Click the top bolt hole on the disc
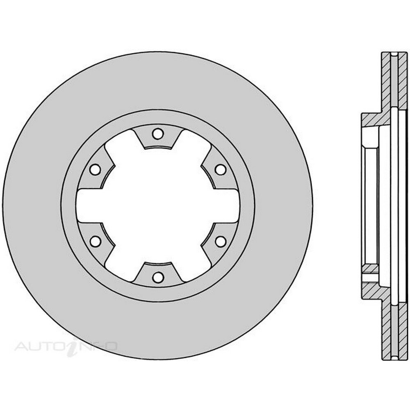point(158,134)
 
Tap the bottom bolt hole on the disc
point(158,277)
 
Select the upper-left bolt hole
point(95,170)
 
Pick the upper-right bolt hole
point(221,170)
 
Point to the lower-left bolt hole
point(95,241)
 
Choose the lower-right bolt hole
point(221,241)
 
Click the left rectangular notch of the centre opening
point(89,205)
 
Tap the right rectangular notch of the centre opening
point(226,205)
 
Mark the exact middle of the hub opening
point(158,205)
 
